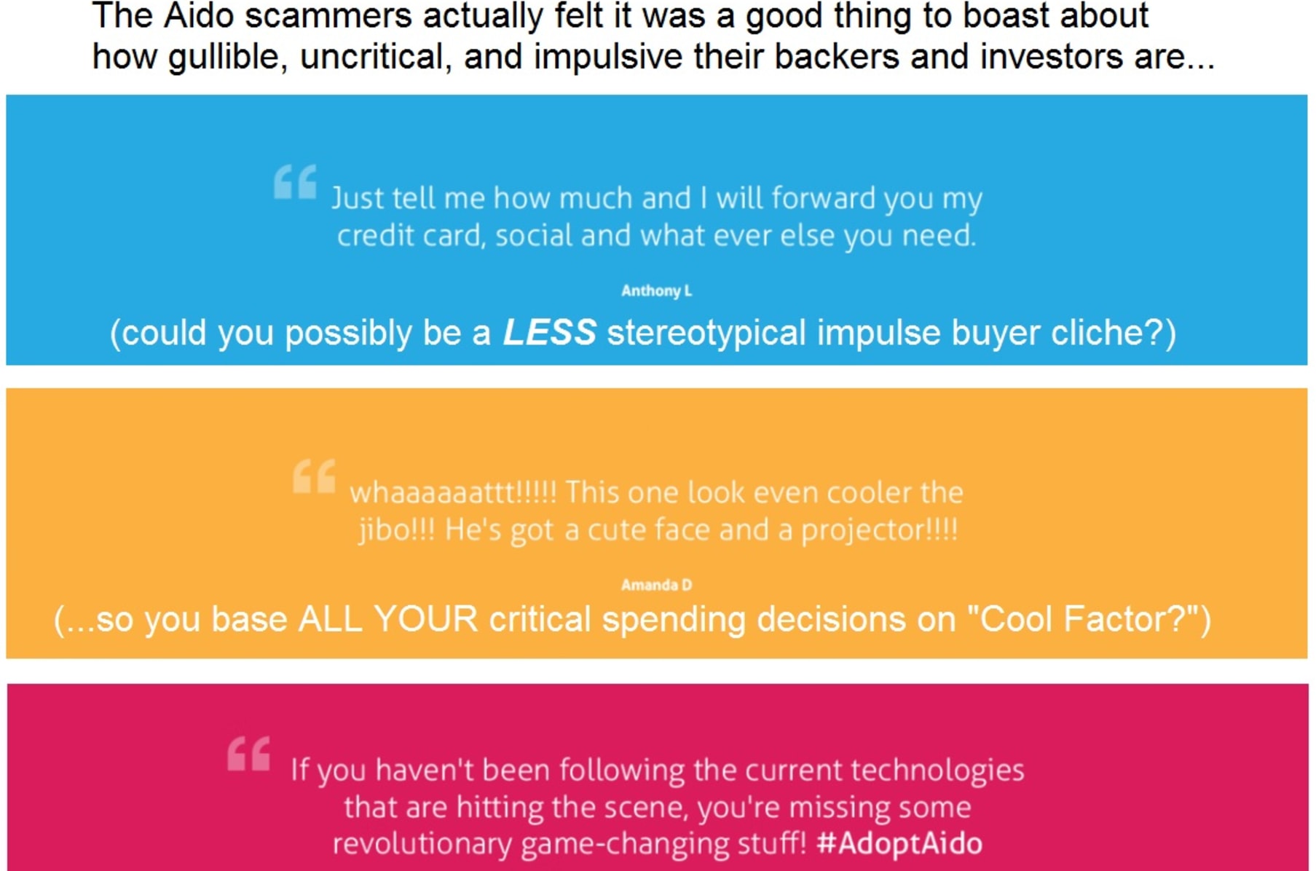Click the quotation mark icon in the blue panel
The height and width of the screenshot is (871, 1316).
click(x=295, y=182)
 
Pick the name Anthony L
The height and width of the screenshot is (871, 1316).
click(x=657, y=291)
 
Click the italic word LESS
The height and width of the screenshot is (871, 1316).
click(x=550, y=332)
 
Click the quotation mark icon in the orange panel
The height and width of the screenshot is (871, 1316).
click(x=314, y=476)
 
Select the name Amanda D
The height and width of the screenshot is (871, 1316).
click(x=657, y=585)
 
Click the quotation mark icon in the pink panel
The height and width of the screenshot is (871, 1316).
click(x=248, y=753)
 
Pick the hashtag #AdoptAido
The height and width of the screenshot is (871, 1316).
click(x=899, y=843)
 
